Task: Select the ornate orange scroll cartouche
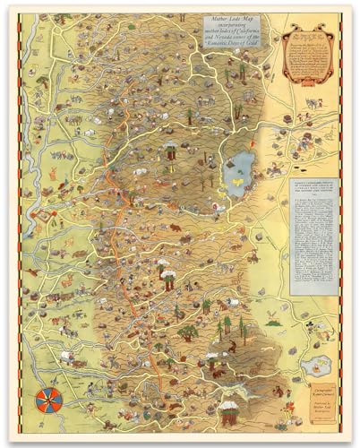tap(309, 57)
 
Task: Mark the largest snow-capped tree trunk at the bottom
tap(230, 414)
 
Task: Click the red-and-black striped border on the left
tap(20, 224)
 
